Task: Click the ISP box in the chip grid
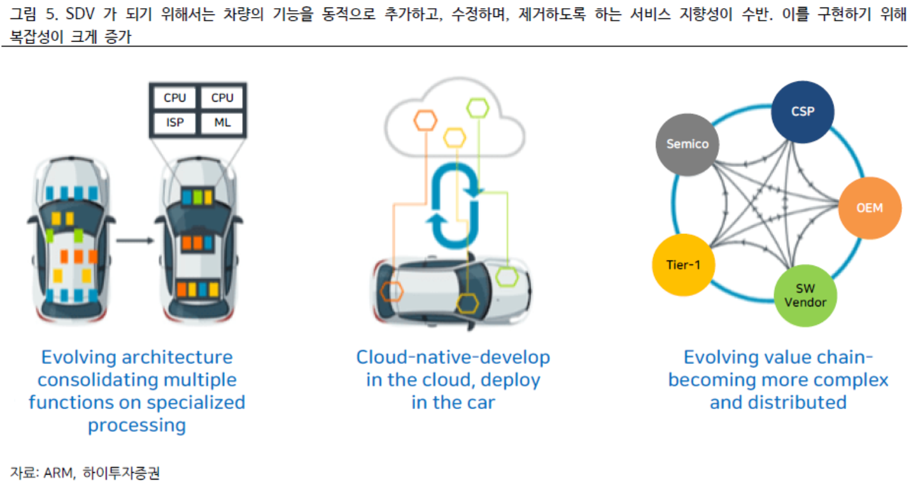(175, 122)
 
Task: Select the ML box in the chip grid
(222, 122)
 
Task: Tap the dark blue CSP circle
(803, 112)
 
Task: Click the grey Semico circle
(687, 144)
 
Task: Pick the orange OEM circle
(869, 207)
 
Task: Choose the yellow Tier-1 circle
(683, 265)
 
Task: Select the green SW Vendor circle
(804, 295)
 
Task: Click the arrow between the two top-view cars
(135, 240)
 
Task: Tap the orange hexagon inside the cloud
(426, 120)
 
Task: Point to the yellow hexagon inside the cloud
(454, 137)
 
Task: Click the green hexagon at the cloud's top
(478, 108)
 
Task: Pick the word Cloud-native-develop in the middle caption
(453, 357)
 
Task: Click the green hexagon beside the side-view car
(506, 276)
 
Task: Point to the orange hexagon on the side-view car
(392, 291)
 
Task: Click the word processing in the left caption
(137, 425)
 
